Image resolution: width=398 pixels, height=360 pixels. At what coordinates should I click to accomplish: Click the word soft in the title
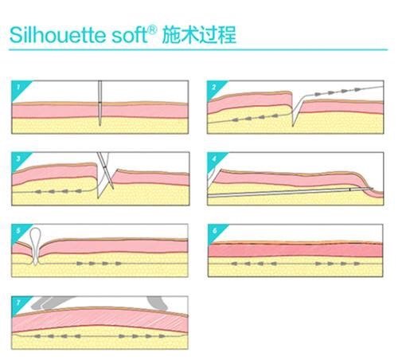pos(129,35)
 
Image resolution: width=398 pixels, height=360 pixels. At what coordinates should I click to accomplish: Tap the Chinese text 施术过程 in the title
pos(199,35)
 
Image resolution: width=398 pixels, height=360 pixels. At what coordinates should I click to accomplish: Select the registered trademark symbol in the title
pos(152,30)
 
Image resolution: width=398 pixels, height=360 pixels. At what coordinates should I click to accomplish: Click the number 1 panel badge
pos(18,87)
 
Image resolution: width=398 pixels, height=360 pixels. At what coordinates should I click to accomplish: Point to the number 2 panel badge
pos(214,87)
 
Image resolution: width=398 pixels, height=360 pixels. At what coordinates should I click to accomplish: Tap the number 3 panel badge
pos(18,158)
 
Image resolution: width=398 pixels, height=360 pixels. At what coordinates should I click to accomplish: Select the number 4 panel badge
pos(214,158)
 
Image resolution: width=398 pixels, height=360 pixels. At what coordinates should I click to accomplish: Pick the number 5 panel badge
pos(18,230)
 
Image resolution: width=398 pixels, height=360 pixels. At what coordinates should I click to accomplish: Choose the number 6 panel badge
pos(215,230)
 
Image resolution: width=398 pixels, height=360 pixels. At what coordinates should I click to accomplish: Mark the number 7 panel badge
pos(18,303)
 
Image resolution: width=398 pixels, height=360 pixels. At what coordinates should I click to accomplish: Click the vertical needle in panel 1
pos(100,103)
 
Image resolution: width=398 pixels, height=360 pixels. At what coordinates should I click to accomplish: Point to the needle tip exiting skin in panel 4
pos(372,189)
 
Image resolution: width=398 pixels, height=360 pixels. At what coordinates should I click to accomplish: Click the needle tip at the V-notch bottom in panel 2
pos(293,126)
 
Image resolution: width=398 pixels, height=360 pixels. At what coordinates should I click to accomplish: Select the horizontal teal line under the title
pos(198,49)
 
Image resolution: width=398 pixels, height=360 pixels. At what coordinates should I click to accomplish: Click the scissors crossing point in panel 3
pos(105,167)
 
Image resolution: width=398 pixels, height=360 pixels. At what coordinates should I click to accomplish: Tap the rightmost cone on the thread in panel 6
pos(357,264)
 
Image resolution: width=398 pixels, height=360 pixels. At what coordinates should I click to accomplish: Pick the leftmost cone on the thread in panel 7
pos(37,336)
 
